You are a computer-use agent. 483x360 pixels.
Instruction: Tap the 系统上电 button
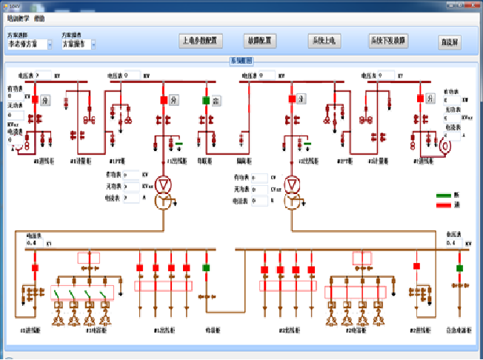point(322,41)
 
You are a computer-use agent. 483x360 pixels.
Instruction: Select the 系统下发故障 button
point(388,41)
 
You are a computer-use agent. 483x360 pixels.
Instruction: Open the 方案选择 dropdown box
point(29,44)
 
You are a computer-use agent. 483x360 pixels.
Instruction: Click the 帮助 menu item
point(39,16)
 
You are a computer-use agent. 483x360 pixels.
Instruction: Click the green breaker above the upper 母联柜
point(206,99)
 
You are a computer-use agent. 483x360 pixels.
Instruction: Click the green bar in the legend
point(445,196)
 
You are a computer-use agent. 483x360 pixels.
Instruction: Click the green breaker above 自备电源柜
point(459,267)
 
